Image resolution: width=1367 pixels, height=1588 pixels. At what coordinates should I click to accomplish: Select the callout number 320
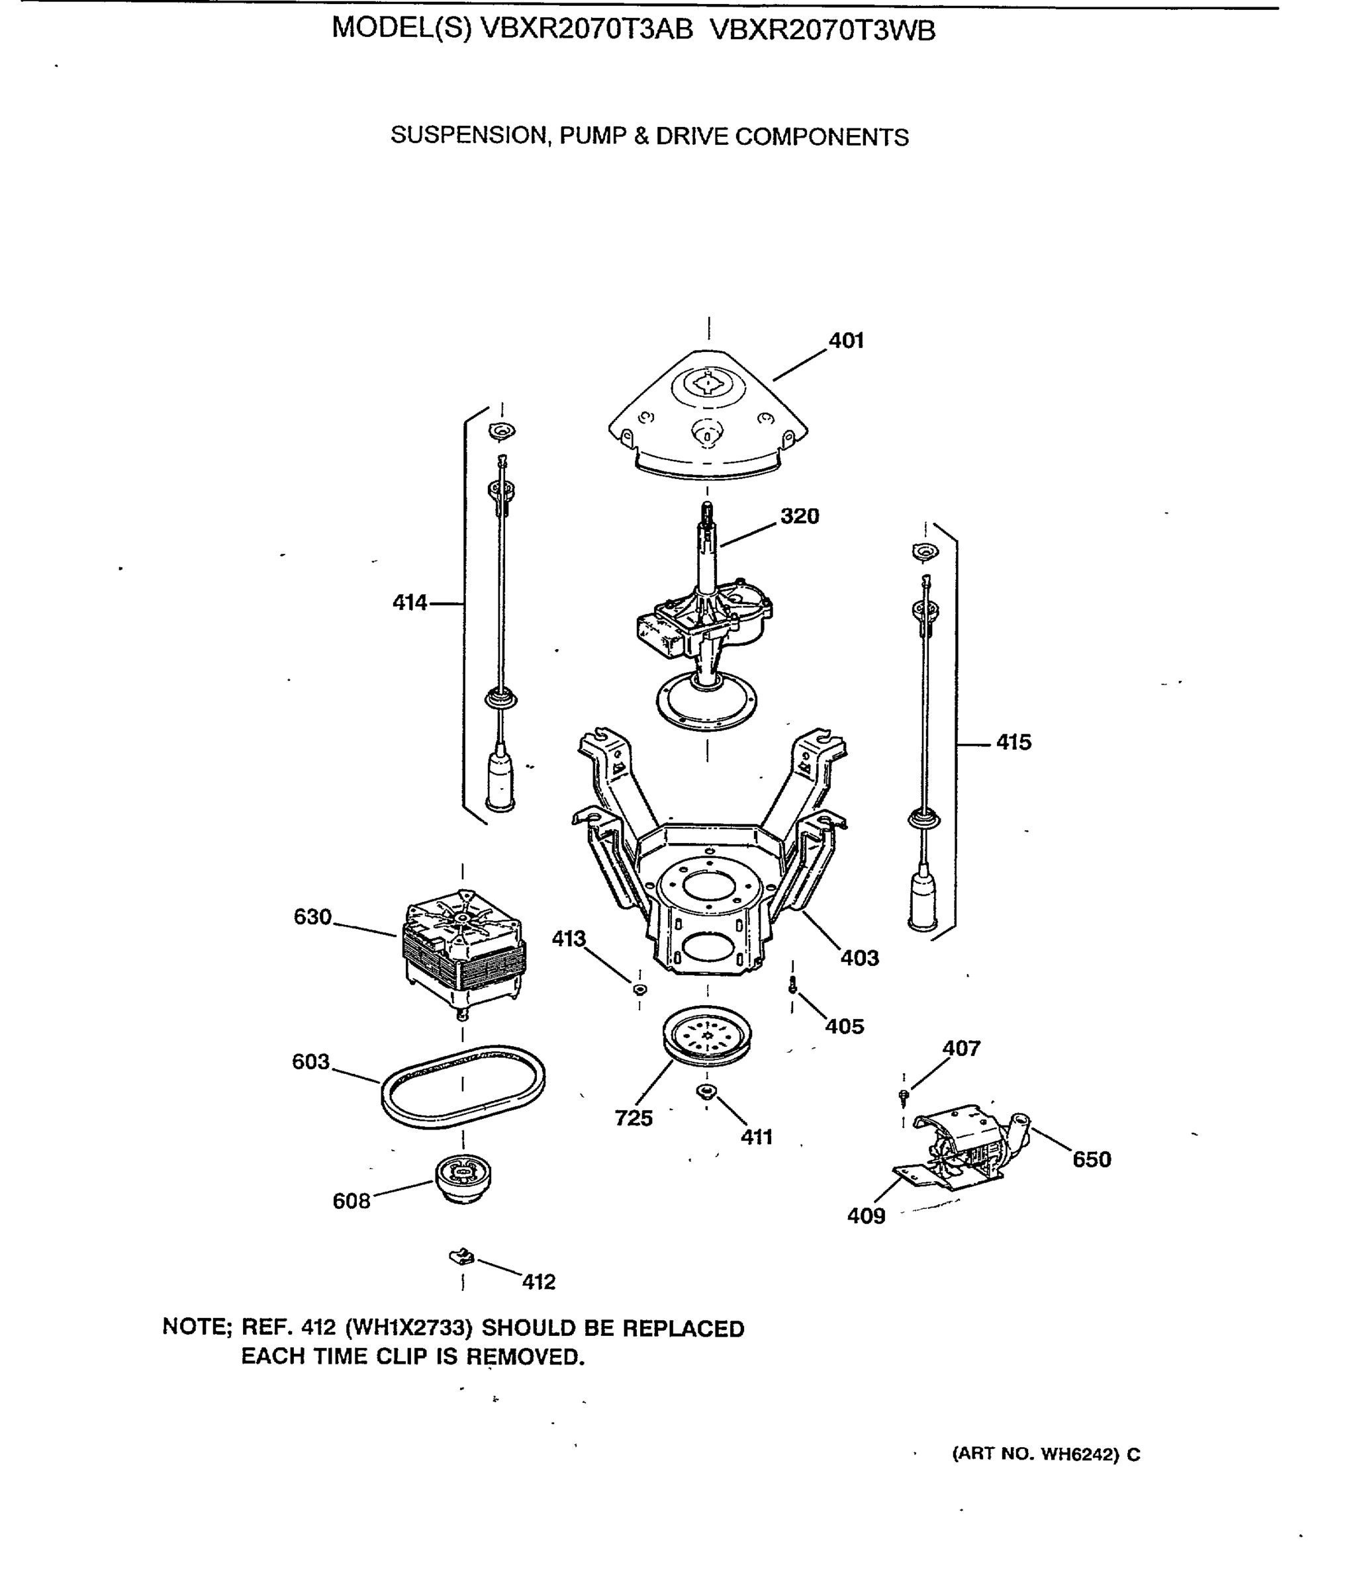click(800, 516)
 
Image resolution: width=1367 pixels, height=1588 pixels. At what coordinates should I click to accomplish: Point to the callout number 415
click(1013, 742)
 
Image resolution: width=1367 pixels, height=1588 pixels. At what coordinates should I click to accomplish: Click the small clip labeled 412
click(461, 1257)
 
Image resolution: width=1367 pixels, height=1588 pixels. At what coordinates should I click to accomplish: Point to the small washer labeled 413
click(639, 989)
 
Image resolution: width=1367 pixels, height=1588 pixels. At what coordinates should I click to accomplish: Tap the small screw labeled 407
click(904, 1097)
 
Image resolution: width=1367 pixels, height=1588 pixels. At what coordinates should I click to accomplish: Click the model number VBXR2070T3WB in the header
click(823, 30)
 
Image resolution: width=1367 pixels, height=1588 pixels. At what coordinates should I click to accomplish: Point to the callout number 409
click(866, 1215)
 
